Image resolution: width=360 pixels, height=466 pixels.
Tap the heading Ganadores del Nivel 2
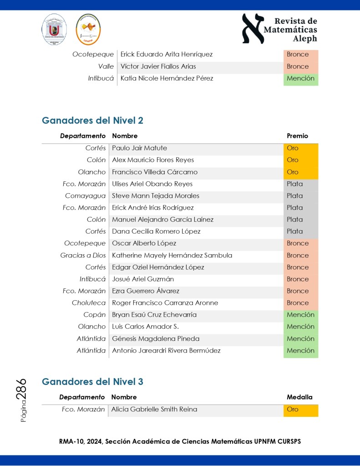point(92,121)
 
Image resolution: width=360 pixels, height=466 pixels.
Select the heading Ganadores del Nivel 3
point(92,382)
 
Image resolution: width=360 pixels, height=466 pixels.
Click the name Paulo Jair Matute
point(139,148)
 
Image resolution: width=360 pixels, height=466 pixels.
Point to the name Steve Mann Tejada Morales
point(156,196)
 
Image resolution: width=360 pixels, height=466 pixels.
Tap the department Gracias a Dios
point(83,256)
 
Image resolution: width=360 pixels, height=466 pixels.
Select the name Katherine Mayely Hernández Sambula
point(172,256)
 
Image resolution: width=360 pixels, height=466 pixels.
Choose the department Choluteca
point(89,303)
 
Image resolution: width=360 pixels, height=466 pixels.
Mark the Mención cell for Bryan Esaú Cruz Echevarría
point(300,315)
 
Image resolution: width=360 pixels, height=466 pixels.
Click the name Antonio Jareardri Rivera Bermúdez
point(166,351)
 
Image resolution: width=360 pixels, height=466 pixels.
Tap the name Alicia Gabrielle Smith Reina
point(154,410)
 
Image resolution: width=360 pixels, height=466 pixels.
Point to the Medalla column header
point(299,397)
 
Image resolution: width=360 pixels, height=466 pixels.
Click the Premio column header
point(297,136)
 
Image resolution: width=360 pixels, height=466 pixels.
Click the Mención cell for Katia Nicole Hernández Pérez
point(300,78)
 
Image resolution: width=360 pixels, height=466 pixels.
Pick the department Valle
point(106,67)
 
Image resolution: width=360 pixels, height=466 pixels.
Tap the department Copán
point(95,315)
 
